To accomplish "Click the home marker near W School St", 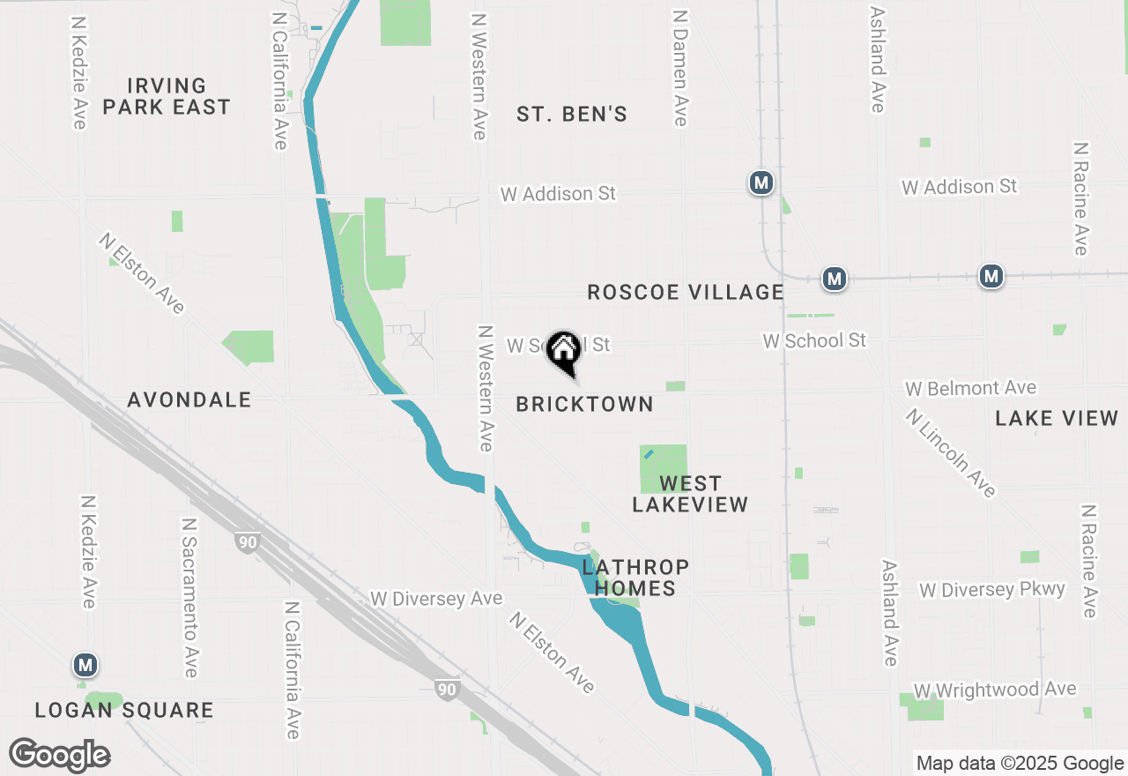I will (x=563, y=351).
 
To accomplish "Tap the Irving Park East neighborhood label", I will (x=167, y=96).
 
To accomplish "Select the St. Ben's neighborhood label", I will (x=572, y=114).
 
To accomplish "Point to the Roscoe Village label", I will (x=686, y=292).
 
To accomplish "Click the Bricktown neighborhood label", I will (x=585, y=404).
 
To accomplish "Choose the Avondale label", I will (x=189, y=399).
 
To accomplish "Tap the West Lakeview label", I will (x=690, y=494).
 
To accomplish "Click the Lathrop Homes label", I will (x=634, y=577).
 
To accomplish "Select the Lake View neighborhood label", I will (x=1057, y=418).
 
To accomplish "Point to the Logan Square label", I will (x=124, y=710).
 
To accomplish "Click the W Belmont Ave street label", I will (x=970, y=388).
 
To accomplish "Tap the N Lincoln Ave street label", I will (x=952, y=452).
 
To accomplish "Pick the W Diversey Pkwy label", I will (x=992, y=589).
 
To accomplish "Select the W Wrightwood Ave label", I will (x=995, y=689).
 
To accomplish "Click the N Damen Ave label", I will (x=679, y=68).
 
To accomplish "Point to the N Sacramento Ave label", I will (x=189, y=597).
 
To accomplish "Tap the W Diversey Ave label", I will (x=436, y=599).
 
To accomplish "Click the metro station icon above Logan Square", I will (x=85, y=664).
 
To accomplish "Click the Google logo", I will (x=60, y=756).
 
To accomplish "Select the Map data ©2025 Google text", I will (x=1020, y=764).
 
